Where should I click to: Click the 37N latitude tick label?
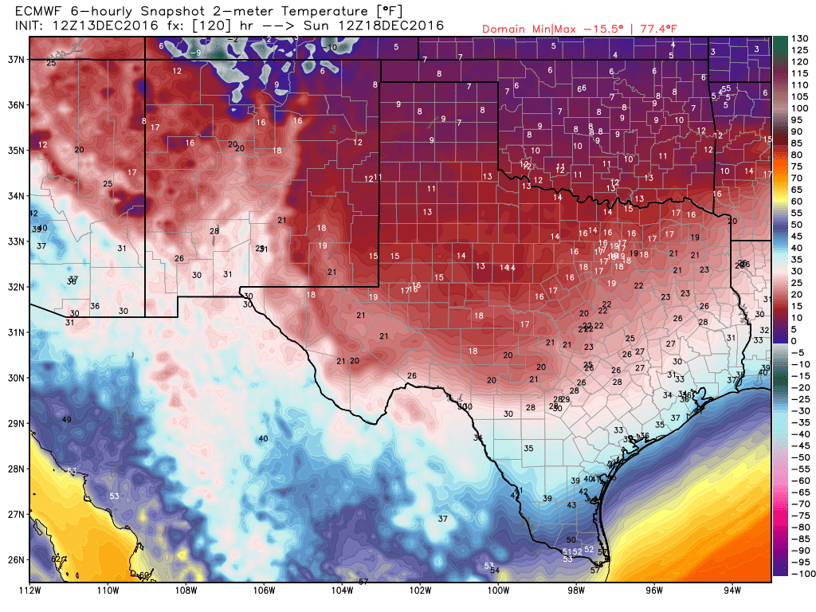[15, 59]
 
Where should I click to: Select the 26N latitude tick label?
[15, 559]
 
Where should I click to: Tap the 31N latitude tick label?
[15, 331]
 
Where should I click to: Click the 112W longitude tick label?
[30, 590]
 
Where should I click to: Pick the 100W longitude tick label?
[498, 590]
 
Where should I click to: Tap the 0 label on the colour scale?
[794, 341]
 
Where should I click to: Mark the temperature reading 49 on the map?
[67, 420]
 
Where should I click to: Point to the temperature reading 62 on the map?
[56, 560]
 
